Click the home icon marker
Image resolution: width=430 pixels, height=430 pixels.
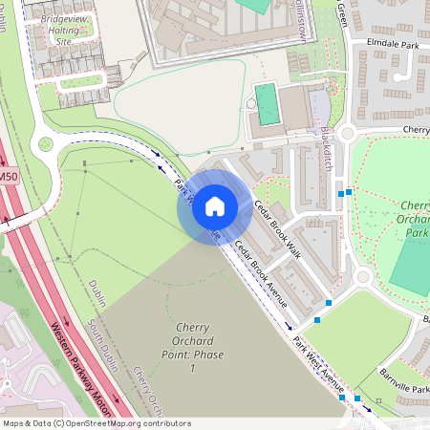tap(214, 206)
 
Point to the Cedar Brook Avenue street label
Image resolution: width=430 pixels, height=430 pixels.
tap(262, 272)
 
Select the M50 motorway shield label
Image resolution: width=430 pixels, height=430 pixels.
tap(9, 176)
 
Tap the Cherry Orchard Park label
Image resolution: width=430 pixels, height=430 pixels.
tap(415, 219)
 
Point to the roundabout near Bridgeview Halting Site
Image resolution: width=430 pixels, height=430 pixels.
tap(44, 145)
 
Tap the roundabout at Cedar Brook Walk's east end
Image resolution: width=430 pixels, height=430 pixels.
tap(362, 278)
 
